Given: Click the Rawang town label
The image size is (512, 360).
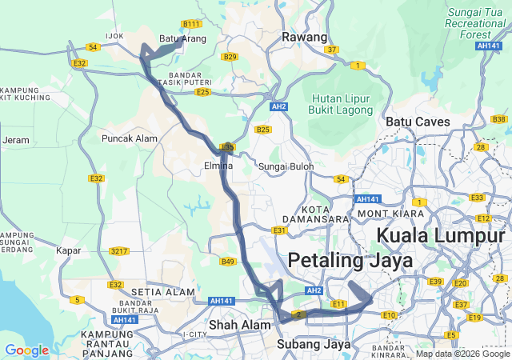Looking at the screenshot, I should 305,38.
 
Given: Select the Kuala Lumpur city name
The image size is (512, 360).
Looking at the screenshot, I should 441,236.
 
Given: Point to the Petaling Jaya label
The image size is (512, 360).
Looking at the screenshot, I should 350,261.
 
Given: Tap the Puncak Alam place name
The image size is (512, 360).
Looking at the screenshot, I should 129,138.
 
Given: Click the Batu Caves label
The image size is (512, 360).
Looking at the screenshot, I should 418,122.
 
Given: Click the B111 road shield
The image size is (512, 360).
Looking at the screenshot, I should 192,24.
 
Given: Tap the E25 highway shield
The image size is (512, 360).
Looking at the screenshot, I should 203,93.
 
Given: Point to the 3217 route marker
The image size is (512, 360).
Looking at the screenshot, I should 119,251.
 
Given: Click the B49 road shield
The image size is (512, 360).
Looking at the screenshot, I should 228,262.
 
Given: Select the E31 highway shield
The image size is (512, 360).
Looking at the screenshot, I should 279,230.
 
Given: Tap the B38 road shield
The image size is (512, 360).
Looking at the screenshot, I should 499,119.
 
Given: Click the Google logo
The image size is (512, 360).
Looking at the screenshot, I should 26,350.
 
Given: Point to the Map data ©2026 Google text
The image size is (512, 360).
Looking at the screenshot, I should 462,354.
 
